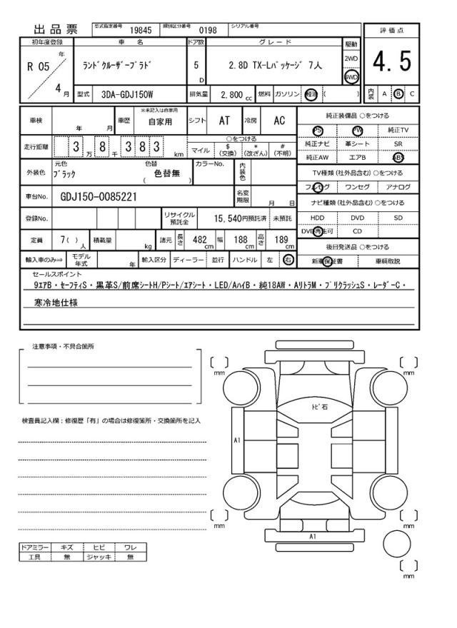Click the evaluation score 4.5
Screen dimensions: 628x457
point(392,63)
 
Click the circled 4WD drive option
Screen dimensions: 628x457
point(351,76)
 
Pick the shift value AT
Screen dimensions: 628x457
point(223,121)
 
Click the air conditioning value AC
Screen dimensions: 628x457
point(279,121)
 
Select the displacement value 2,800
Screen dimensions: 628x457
point(232,95)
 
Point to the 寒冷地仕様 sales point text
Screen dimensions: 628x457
point(56,303)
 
